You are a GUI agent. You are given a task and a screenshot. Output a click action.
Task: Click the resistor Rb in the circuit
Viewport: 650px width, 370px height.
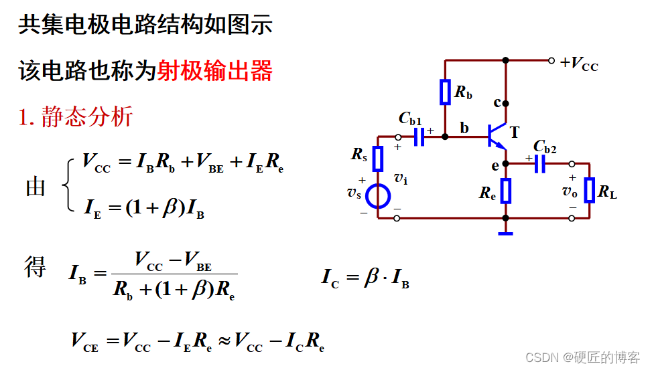[x=445, y=92]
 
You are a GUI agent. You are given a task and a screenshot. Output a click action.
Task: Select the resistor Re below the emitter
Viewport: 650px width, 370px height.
[x=506, y=191]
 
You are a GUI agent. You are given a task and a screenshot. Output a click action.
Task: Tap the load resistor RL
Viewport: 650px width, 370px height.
[x=589, y=190]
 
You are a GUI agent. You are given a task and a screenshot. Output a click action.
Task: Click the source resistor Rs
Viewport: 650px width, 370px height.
[x=378, y=159]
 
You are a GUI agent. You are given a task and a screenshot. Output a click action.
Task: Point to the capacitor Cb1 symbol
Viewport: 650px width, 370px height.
[x=419, y=136]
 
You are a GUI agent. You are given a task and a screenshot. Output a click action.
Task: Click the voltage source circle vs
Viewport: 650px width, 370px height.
[x=378, y=196]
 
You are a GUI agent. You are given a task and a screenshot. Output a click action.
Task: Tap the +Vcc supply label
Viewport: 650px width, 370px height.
[x=579, y=64]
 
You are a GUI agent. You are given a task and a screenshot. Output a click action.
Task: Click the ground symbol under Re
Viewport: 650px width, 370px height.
[x=506, y=233]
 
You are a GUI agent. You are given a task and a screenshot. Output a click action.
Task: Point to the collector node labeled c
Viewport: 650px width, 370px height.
[x=506, y=103]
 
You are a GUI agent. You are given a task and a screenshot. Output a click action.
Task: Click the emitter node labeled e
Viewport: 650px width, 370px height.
[x=506, y=163]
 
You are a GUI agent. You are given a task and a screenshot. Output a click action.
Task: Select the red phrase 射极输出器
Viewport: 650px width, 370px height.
[x=214, y=70]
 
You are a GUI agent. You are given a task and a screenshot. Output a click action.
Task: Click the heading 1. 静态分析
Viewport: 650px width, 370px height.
[x=76, y=117]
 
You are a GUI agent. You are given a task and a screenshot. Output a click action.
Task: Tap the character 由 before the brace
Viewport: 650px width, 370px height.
[x=36, y=187]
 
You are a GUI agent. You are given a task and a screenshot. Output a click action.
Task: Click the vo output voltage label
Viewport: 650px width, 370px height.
[x=570, y=191]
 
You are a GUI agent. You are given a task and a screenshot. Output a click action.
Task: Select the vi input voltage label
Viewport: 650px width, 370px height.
[x=400, y=178]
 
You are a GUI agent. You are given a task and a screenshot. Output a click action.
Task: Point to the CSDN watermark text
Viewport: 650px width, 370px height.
[x=582, y=358]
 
